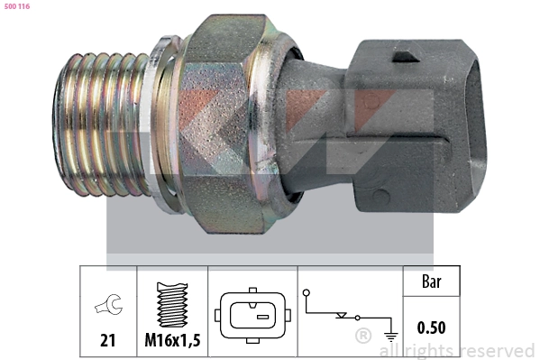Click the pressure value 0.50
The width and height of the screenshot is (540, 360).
[431, 328]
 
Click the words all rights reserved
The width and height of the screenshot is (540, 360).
[457, 350]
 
